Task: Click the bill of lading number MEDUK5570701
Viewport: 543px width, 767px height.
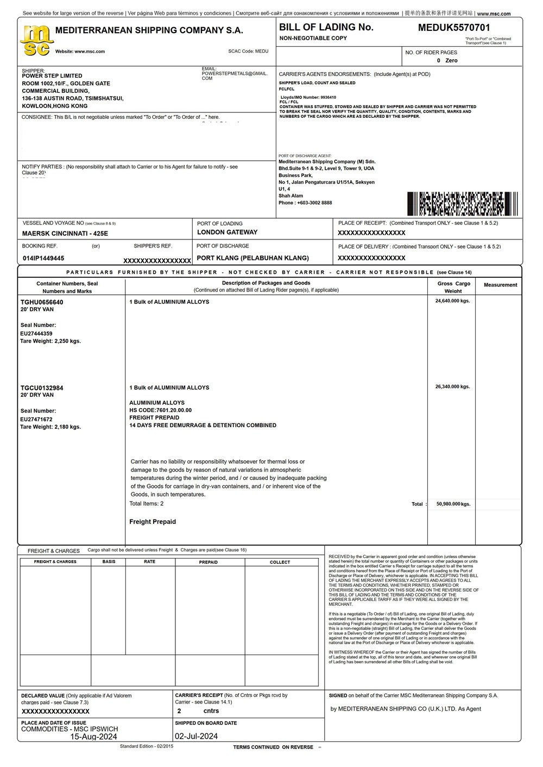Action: (x=453, y=28)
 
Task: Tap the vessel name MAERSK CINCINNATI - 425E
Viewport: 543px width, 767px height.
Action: (x=65, y=233)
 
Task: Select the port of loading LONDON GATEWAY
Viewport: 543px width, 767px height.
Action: (x=227, y=232)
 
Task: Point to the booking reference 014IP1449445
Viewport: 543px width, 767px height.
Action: (x=43, y=258)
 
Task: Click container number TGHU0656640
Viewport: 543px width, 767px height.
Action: (x=42, y=302)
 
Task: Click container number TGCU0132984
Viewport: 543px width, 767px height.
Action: (x=42, y=388)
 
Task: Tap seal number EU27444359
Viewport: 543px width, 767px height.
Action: (x=36, y=333)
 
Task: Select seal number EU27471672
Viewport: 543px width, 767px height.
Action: (x=36, y=419)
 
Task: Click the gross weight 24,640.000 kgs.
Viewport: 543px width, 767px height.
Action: (x=452, y=301)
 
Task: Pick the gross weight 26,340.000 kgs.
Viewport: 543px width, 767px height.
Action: (x=452, y=387)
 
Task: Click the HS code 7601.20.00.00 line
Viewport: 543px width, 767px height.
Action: (x=160, y=410)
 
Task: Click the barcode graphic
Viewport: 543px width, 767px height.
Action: (x=462, y=204)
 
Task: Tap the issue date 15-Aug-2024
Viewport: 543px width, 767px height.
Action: (x=93, y=737)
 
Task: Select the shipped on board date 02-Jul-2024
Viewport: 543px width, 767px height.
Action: (x=196, y=737)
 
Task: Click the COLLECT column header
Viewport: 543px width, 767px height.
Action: (x=280, y=562)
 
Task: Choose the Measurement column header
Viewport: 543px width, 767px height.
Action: (x=500, y=285)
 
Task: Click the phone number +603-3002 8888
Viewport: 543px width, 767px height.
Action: (x=305, y=203)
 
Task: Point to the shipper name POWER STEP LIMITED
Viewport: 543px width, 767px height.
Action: (x=52, y=76)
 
